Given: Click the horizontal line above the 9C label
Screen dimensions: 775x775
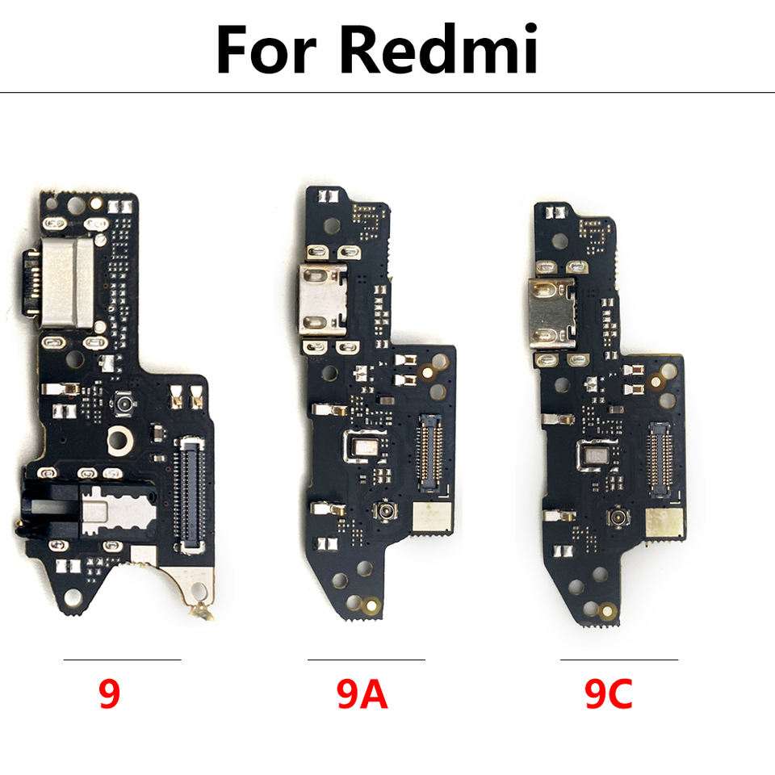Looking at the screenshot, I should pyautogui.click(x=618, y=660).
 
